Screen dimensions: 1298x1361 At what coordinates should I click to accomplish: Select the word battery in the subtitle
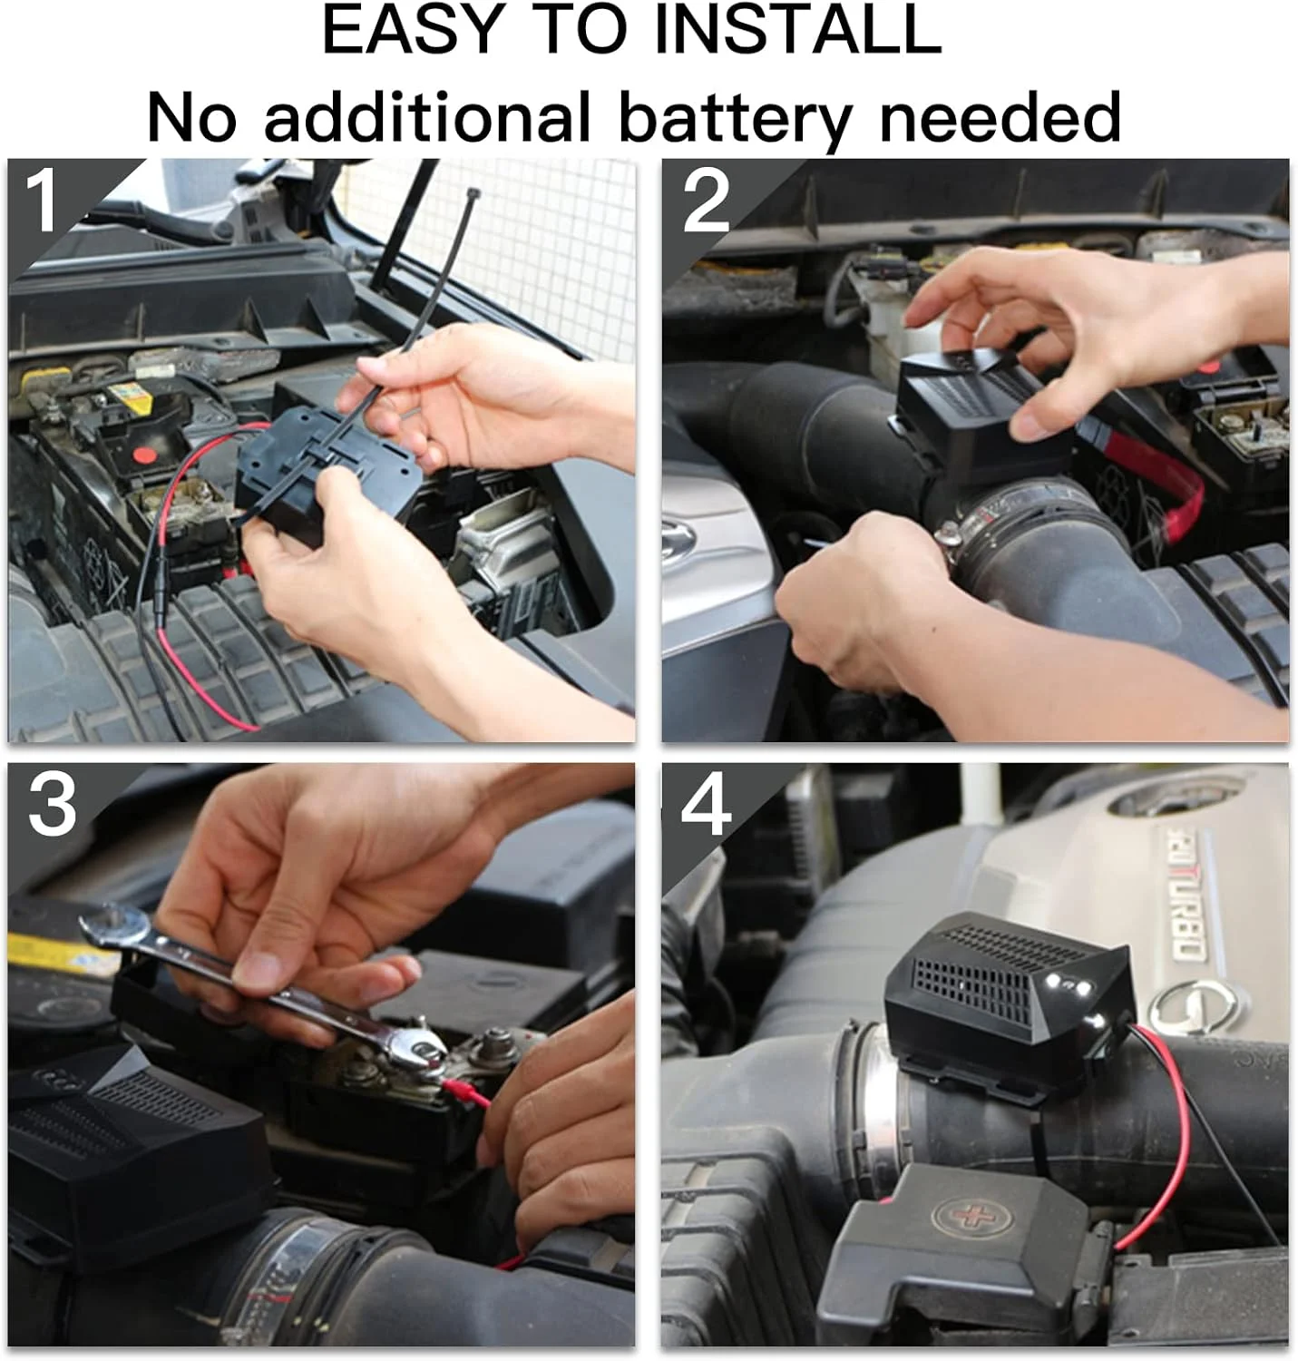(735, 119)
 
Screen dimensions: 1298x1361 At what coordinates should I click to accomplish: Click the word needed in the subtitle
(999, 116)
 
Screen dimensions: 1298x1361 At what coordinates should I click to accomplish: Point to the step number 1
(42, 201)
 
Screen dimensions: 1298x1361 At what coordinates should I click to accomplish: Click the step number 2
(706, 201)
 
